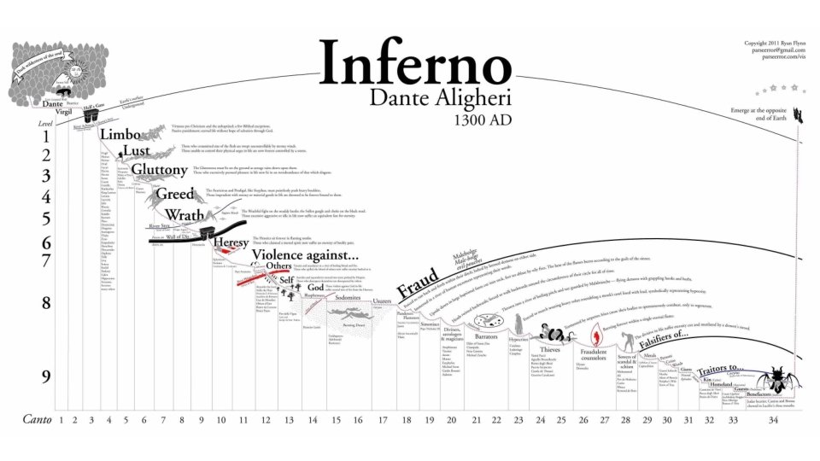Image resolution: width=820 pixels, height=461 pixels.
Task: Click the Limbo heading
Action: click(118, 134)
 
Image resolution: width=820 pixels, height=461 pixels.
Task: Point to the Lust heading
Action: click(136, 151)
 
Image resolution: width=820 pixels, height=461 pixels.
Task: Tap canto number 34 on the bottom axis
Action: click(774, 419)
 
